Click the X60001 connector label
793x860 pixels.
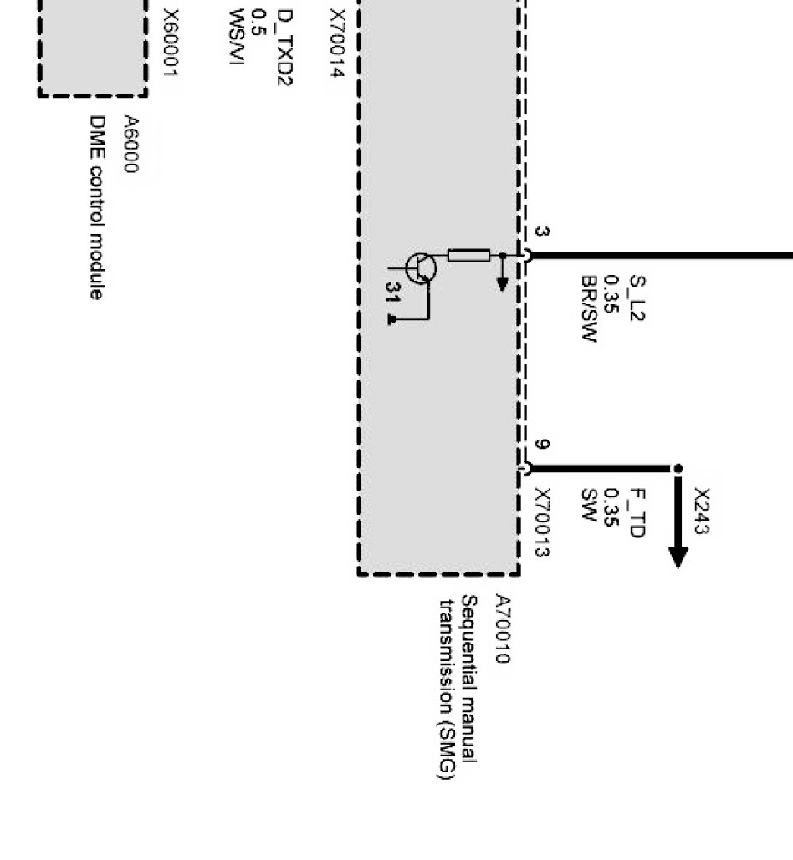170,43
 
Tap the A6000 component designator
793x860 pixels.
130,144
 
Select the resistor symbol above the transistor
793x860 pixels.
468,255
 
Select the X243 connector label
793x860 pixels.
701,511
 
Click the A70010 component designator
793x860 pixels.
501,628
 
